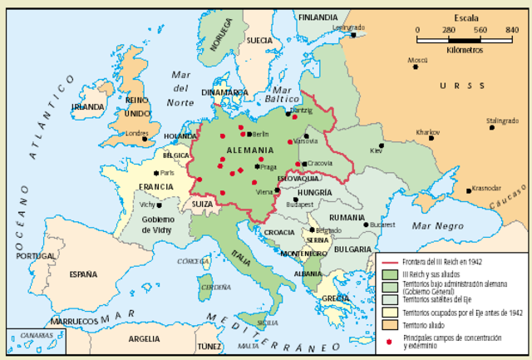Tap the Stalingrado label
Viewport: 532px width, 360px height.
pyautogui.click(x=502, y=121)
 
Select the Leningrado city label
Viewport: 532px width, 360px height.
pyautogui.click(x=349, y=27)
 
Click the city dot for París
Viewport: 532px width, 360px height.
pyautogui.click(x=155, y=173)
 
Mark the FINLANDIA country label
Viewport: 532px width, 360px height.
pyautogui.click(x=318, y=17)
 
